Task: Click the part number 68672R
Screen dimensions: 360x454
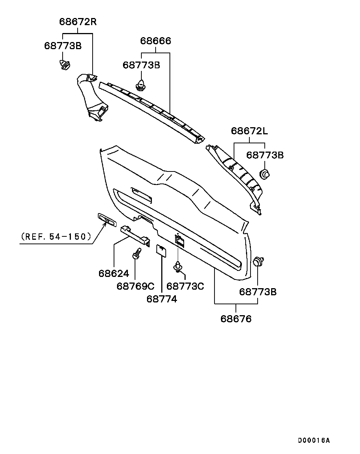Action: pyautogui.click(x=78, y=22)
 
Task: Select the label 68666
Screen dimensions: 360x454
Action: pyautogui.click(x=156, y=41)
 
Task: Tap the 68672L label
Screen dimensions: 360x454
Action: pyautogui.click(x=249, y=131)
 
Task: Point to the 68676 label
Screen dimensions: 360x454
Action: pyautogui.click(x=236, y=319)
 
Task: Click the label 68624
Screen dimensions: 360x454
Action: pyautogui.click(x=114, y=274)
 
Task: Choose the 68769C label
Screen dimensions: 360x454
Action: pyautogui.click(x=135, y=286)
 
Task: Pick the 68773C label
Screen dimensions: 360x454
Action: pyautogui.click(x=185, y=286)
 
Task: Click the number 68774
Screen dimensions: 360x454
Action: pyautogui.click(x=162, y=299)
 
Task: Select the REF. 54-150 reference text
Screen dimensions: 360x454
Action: pyautogui.click(x=56, y=237)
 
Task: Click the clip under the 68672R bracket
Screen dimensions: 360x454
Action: pyautogui.click(x=64, y=65)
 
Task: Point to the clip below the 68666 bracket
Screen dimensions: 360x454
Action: pyautogui.click(x=141, y=85)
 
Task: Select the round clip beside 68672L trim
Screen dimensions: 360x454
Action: pyautogui.click(x=264, y=174)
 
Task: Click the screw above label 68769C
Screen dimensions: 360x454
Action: pyautogui.click(x=136, y=253)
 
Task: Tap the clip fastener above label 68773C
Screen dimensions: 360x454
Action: pyautogui.click(x=178, y=266)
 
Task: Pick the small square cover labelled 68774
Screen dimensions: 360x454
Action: pyautogui.click(x=161, y=251)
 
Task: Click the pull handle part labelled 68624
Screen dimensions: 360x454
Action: pyautogui.click(x=135, y=236)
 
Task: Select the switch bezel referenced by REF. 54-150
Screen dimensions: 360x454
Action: pyautogui.click(x=107, y=220)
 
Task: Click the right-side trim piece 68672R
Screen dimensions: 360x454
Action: pyautogui.click(x=92, y=97)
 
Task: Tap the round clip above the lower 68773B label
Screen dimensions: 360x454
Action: pyautogui.click(x=258, y=262)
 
